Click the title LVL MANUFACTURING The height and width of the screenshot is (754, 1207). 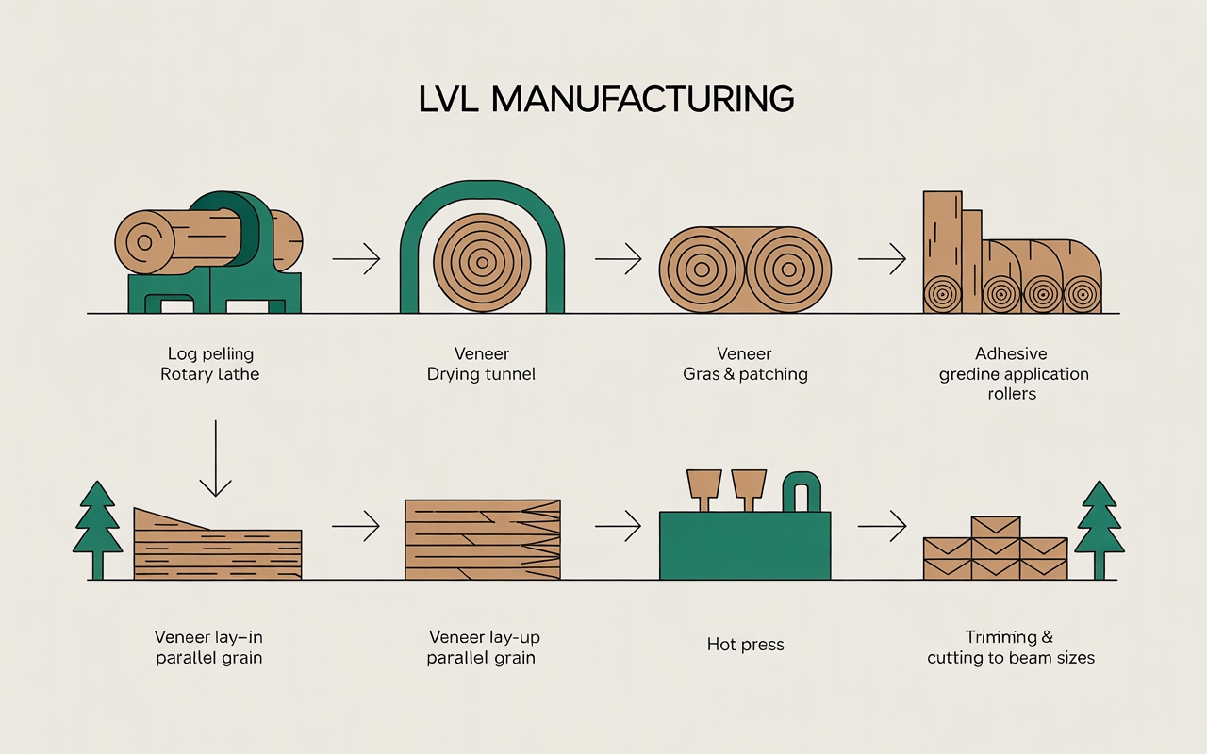point(605,99)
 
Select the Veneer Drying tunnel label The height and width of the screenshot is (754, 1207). point(481,364)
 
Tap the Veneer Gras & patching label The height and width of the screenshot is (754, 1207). point(745,364)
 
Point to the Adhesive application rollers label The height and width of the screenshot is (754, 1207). point(1013,373)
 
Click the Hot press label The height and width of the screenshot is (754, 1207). point(745,646)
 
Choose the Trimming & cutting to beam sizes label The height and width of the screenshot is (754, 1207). point(1011,647)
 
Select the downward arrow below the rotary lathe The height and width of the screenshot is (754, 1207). point(216,458)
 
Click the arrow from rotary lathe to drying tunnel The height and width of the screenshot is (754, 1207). point(355,258)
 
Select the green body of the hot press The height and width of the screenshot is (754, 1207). point(745,547)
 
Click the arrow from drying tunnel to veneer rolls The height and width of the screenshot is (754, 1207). point(619,258)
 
